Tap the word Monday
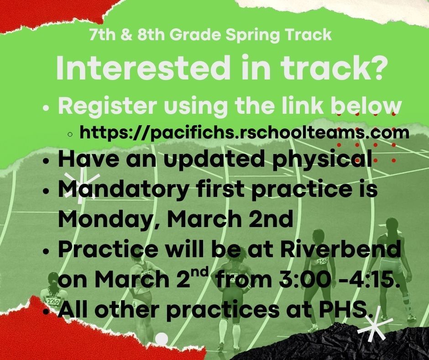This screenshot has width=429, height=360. (x=95, y=220)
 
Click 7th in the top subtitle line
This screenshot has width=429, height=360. (x=99, y=35)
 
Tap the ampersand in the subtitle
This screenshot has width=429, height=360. (x=121, y=35)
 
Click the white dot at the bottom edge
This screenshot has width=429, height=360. (x=162, y=339)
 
